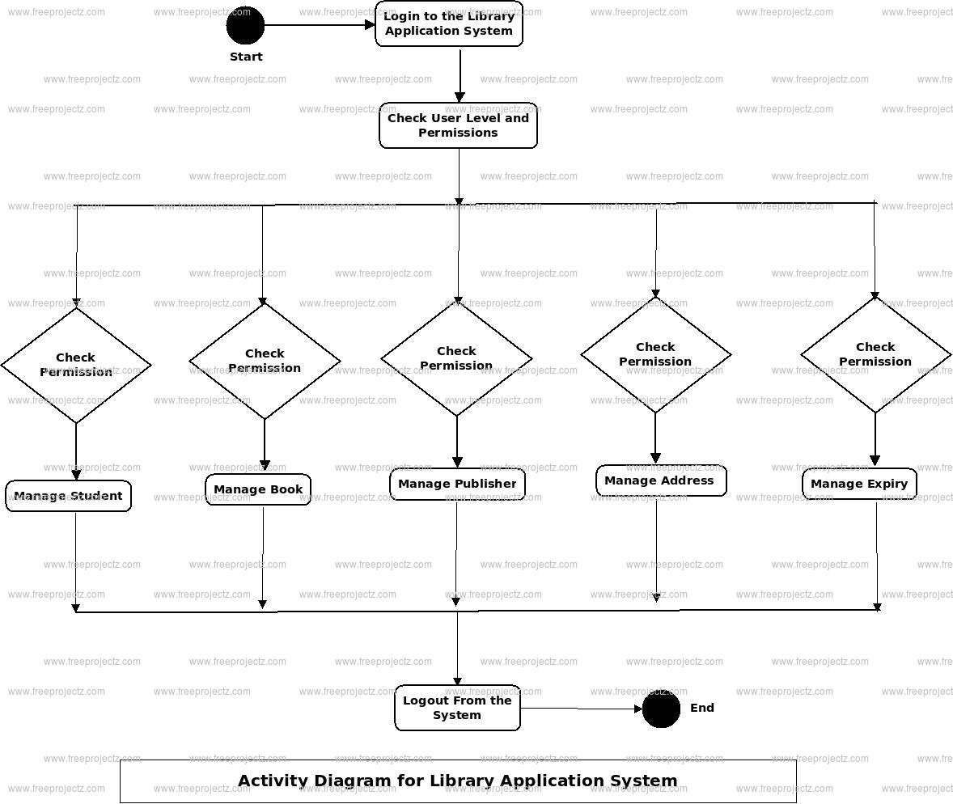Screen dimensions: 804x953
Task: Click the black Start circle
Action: click(x=245, y=25)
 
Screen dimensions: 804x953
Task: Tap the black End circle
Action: click(x=661, y=709)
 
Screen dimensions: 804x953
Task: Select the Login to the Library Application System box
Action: click(x=449, y=24)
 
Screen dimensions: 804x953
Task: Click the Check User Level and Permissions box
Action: click(x=458, y=125)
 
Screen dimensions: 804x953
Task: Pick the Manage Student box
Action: click(x=68, y=496)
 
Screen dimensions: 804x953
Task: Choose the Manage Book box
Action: click(x=258, y=489)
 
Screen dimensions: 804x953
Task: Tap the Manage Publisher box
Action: click(x=457, y=484)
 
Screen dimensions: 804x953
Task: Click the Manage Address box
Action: click(x=660, y=480)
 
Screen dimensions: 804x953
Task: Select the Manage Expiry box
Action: click(x=859, y=484)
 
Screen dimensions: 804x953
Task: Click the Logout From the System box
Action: click(x=457, y=708)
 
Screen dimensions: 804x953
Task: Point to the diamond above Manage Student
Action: click(x=76, y=365)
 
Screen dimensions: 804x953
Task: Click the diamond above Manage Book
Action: click(x=265, y=361)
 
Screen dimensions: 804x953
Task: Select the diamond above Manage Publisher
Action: click(x=456, y=358)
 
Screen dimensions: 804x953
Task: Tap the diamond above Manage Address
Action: click(x=655, y=354)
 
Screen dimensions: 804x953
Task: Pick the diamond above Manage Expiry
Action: click(x=875, y=354)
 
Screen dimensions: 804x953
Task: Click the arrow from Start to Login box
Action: click(x=320, y=25)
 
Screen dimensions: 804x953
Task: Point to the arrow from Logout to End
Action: click(x=581, y=709)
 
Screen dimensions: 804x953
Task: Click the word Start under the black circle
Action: click(x=246, y=57)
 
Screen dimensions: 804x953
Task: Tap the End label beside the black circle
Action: click(x=702, y=708)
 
